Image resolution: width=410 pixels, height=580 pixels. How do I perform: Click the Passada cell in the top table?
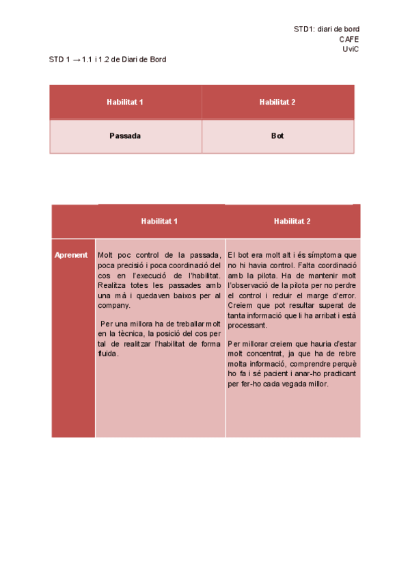pos(125,136)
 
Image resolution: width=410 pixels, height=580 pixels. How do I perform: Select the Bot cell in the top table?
pos(277,136)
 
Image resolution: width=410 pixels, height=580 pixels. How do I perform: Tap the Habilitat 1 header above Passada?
pos(125,102)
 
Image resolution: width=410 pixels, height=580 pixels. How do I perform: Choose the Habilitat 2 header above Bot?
pos(277,102)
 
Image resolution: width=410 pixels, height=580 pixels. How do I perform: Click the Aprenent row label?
pos(72,255)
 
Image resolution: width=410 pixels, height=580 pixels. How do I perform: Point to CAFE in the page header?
pos(349,39)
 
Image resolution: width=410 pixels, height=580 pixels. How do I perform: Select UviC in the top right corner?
pos(351,49)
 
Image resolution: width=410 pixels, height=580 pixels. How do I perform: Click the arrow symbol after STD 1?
pos(76,60)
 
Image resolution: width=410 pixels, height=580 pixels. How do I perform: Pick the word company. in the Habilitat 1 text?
pos(114,305)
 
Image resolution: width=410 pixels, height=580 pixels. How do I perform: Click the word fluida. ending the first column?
pos(109,354)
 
